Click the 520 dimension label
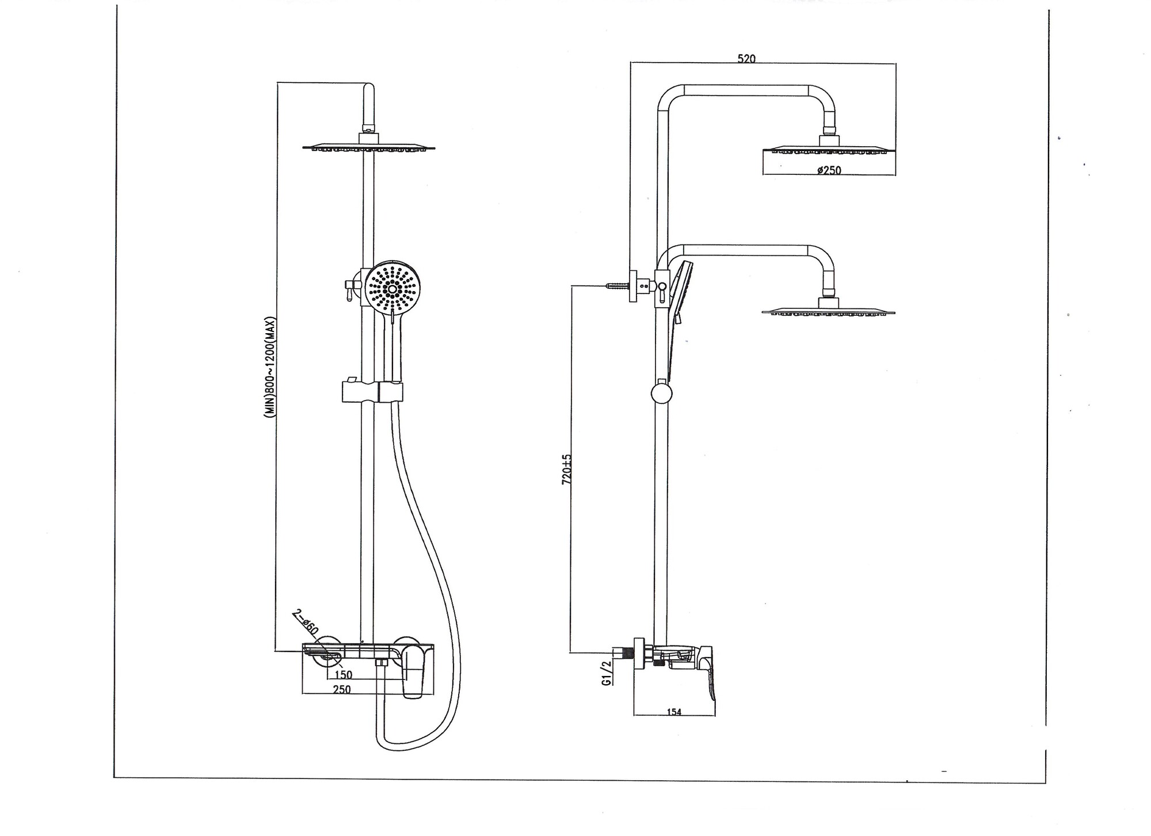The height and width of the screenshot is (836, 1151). click(x=746, y=58)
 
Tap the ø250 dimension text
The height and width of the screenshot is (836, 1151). click(x=829, y=170)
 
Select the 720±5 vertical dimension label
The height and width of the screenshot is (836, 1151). click(x=567, y=469)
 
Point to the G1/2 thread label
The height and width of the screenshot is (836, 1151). click(x=606, y=673)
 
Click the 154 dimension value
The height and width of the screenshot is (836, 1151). click(x=674, y=712)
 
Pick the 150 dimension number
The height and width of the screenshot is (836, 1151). click(x=343, y=675)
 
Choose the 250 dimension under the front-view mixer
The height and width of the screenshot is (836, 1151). click(x=342, y=689)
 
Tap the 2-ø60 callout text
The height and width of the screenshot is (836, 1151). click(x=305, y=622)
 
